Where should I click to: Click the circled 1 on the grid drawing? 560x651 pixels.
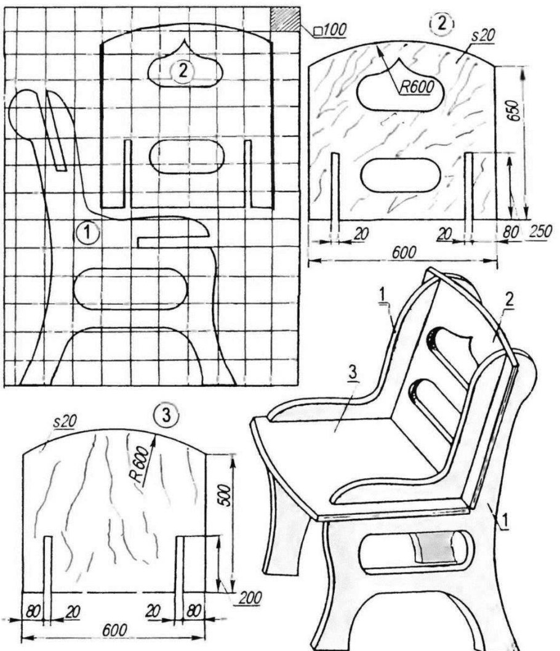[x=88, y=232]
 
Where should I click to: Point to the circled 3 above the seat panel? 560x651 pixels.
[x=166, y=415]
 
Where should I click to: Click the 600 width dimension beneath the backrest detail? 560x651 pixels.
[x=403, y=252]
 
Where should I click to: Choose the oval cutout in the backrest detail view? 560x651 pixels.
[x=398, y=174]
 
